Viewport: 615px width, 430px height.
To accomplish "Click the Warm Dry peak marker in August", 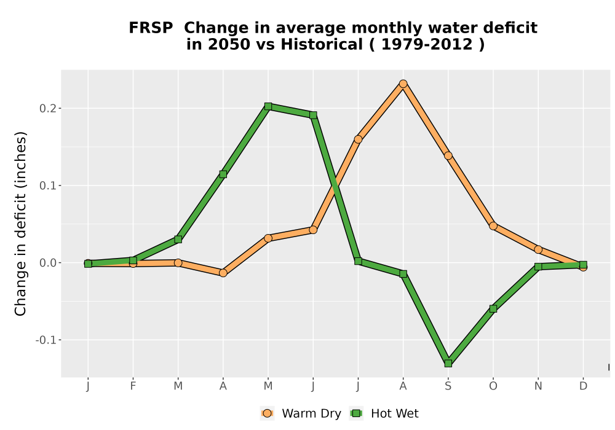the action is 403,84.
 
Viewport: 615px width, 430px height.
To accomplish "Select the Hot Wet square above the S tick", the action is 448,364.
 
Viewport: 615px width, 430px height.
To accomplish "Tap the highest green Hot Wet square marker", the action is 268,106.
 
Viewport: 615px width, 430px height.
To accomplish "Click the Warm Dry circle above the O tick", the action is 493,226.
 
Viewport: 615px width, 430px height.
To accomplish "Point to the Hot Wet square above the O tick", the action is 493,308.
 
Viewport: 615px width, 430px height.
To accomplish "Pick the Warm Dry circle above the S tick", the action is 448,156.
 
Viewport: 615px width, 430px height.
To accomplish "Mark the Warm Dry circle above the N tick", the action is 538,249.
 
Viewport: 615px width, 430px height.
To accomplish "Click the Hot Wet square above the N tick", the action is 538,267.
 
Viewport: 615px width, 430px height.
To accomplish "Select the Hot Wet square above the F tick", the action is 133,260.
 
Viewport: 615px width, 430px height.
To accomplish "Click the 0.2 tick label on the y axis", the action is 47,109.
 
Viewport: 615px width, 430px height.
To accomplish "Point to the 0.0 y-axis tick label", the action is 47,263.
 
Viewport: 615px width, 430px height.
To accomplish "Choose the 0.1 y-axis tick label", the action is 47,186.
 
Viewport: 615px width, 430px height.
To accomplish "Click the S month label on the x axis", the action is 448,386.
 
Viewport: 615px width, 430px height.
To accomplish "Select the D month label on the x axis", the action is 583,386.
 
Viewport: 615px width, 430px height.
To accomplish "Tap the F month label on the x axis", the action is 133,386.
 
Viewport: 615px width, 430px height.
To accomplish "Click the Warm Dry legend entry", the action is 301,413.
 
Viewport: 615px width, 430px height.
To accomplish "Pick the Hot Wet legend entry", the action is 384,413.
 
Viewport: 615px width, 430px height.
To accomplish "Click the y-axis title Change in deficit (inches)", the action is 20,224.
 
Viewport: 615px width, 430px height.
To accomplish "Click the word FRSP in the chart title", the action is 151,28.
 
